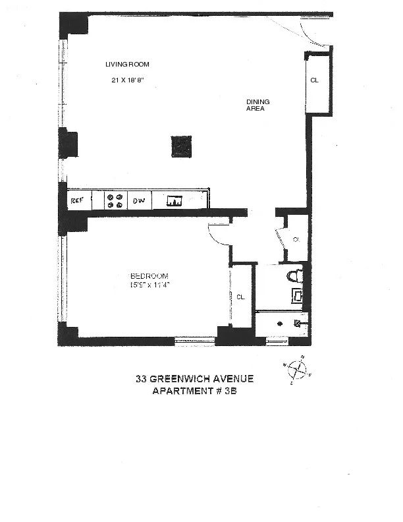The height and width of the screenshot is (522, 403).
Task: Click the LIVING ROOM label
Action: click(x=128, y=65)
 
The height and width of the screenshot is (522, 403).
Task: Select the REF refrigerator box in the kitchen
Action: click(x=78, y=200)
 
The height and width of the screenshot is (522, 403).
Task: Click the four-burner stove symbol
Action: click(x=115, y=200)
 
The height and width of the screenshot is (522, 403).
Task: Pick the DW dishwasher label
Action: click(x=139, y=200)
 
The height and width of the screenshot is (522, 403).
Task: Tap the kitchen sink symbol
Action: click(x=175, y=201)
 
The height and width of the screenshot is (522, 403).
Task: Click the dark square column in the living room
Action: click(x=181, y=146)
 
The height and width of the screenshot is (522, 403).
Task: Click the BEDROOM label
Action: click(x=149, y=276)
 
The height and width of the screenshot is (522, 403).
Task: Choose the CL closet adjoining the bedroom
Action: click(x=240, y=297)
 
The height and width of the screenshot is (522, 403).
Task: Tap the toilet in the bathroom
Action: click(x=294, y=275)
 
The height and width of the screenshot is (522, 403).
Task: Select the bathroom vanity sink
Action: click(x=298, y=296)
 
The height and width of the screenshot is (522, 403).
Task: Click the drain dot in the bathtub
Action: click(x=279, y=324)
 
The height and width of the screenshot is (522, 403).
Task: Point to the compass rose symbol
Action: click(x=298, y=369)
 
